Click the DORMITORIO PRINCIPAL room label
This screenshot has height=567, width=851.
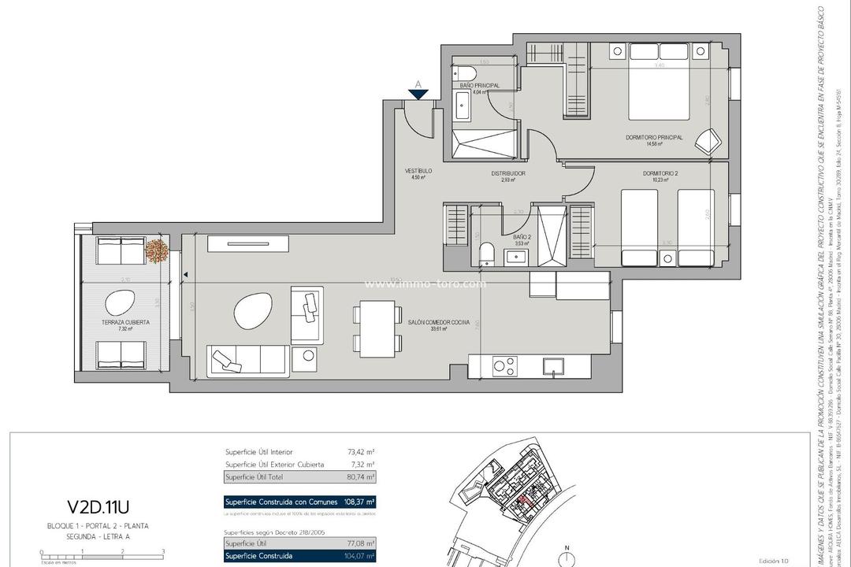[x=654, y=138]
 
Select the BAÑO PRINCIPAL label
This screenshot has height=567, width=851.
[x=479, y=85]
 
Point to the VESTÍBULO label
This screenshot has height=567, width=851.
[x=418, y=171]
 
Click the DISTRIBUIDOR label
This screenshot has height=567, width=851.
[x=507, y=173]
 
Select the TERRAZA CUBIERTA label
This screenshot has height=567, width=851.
[x=125, y=322]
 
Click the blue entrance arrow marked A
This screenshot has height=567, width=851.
[x=418, y=93]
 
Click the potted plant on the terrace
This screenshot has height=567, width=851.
[x=158, y=250]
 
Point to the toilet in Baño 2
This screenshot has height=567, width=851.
[x=488, y=254]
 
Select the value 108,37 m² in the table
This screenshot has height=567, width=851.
[x=359, y=502]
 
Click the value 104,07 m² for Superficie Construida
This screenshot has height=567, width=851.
[x=359, y=555]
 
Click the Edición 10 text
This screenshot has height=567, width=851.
[x=773, y=560]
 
